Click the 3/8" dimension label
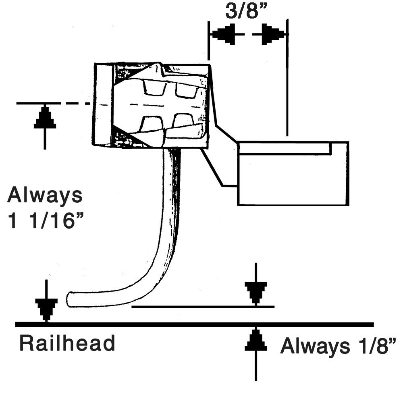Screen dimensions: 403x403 [246, 11]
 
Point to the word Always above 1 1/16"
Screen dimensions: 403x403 [45, 196]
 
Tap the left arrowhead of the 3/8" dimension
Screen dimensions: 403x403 [224, 35]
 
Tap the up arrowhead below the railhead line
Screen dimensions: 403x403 [256, 341]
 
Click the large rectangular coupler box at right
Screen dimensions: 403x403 [293, 179]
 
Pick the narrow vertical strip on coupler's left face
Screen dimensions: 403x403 [103, 104]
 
